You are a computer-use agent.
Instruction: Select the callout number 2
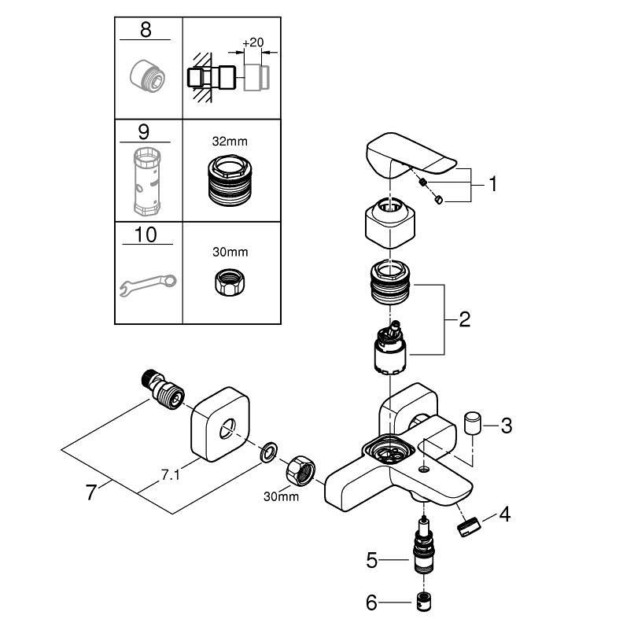(463, 320)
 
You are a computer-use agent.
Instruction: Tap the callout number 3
(506, 426)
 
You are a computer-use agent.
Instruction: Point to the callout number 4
(504, 516)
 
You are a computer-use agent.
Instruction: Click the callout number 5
(372, 561)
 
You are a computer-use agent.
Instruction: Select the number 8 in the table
(146, 31)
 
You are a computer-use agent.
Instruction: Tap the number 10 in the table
(146, 235)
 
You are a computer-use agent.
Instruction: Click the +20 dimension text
(252, 42)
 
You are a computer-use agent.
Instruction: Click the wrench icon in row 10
(148, 284)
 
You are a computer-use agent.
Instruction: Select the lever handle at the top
(409, 157)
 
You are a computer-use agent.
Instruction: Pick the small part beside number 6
(425, 604)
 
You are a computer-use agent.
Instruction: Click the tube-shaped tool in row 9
(146, 181)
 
